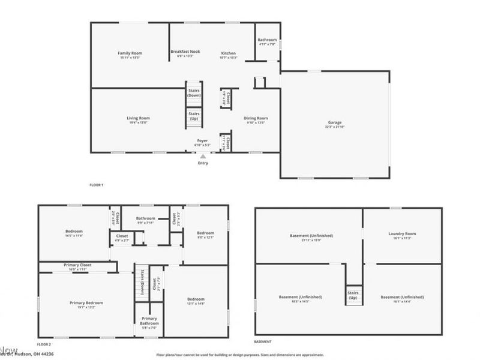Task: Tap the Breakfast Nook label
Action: click(x=185, y=52)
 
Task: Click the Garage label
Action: click(x=335, y=122)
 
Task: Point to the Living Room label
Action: click(x=137, y=118)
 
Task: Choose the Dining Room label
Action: click(x=256, y=118)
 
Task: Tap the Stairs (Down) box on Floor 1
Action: click(x=194, y=93)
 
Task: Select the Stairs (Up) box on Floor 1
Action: click(x=194, y=115)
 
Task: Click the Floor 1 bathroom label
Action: click(x=267, y=40)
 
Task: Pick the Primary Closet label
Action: click(x=77, y=265)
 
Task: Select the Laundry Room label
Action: click(x=402, y=233)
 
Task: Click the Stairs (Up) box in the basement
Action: click(x=353, y=295)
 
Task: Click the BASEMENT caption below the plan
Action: click(x=262, y=341)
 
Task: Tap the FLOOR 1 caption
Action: click(x=96, y=185)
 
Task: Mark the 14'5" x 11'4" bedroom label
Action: click(x=74, y=232)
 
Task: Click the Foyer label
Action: click(x=202, y=141)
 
